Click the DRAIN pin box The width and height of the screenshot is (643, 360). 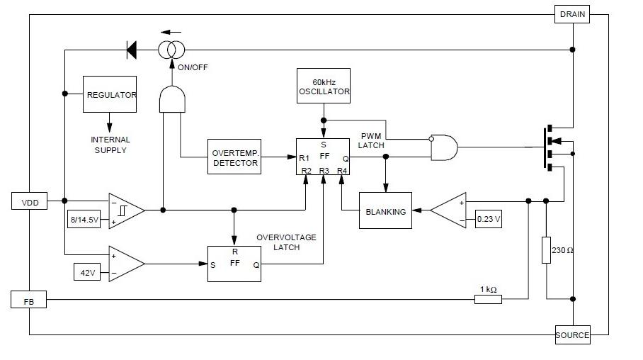pos(572,14)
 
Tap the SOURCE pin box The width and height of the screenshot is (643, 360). pos(572,335)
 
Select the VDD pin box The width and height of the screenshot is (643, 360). pos(29,201)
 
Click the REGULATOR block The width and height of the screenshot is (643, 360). pos(110,94)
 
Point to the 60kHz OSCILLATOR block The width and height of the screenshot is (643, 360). pos(324,86)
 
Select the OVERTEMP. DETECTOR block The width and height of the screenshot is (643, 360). pos(234,157)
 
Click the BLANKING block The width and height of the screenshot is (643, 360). pos(385,210)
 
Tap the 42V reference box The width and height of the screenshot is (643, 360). pos(87,272)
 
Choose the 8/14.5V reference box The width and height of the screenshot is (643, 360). pos(84,220)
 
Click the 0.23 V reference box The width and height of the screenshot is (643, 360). pos(489,219)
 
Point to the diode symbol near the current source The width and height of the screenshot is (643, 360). pos(132,50)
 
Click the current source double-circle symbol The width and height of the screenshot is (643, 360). pos(171,50)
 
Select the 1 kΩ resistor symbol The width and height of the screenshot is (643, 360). pos(488,300)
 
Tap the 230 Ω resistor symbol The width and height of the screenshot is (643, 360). pos(546,250)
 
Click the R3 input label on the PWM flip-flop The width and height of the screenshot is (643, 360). pos(324,170)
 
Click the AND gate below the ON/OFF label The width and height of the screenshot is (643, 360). pos(172,99)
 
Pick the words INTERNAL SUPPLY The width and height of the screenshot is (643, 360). pos(110,145)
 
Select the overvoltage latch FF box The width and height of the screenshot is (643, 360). pos(234,264)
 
